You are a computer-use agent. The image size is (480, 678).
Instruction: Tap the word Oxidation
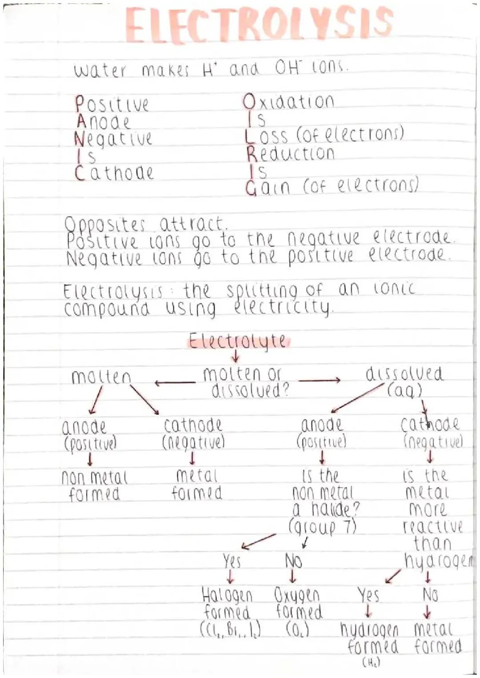click(289, 102)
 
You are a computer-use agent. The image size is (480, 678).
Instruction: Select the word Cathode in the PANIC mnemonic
click(114, 173)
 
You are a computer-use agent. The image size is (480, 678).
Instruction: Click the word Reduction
click(291, 154)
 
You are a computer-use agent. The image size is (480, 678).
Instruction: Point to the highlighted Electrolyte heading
click(238, 341)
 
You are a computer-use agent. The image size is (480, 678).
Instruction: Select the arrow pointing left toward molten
click(175, 382)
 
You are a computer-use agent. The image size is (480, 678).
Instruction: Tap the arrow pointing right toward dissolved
click(319, 380)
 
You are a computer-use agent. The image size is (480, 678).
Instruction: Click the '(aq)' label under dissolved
click(404, 391)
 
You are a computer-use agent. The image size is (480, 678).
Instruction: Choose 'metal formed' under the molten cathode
click(197, 484)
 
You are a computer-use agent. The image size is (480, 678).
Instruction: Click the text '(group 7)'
click(323, 527)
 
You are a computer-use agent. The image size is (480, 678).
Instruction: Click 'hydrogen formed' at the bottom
click(371, 638)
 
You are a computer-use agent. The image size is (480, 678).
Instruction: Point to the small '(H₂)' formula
click(371, 663)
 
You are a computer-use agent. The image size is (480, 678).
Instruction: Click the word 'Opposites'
click(105, 225)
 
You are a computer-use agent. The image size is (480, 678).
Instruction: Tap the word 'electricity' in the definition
click(282, 306)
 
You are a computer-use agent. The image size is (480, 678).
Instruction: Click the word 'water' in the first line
click(100, 71)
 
